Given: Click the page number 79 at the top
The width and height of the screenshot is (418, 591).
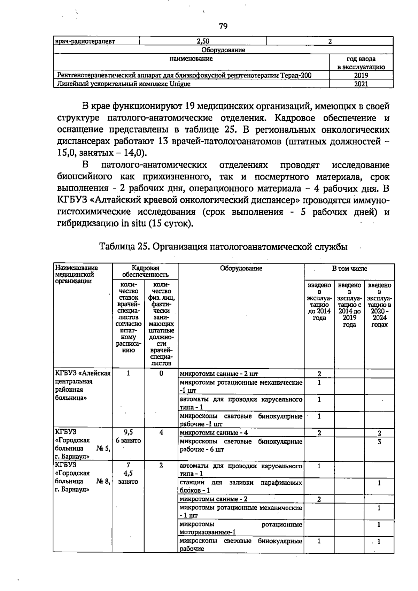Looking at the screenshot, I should point(223,26).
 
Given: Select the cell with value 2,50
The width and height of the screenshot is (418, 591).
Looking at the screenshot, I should point(203,41).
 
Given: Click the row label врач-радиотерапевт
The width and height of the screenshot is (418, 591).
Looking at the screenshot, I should point(85,41).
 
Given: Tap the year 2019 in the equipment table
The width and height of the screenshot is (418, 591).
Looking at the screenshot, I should point(361,75).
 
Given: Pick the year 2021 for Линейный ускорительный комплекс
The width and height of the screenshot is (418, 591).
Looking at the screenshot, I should point(361,84).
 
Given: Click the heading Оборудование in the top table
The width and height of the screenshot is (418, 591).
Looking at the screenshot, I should point(223,50).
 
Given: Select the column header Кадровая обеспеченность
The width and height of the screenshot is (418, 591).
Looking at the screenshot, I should point(145,271).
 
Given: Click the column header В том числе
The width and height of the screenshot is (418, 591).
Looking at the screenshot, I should point(349,269).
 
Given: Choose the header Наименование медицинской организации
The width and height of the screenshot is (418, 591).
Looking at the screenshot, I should point(77,274).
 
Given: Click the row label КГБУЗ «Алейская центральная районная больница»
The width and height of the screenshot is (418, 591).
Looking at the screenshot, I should point(83,385).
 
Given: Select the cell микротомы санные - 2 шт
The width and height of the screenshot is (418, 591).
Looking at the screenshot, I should point(219,374).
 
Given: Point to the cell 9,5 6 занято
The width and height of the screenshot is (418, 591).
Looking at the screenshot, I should point(128,436).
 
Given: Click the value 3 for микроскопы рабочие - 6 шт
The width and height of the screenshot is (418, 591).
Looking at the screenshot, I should point(379,442).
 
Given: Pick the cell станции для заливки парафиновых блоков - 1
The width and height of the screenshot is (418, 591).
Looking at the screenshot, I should point(240,486).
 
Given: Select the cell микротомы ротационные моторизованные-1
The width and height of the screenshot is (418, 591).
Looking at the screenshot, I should point(240,528).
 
